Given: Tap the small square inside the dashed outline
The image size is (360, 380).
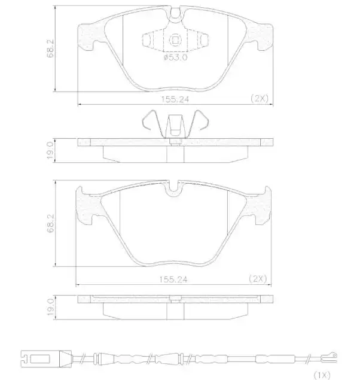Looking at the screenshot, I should point(175,41).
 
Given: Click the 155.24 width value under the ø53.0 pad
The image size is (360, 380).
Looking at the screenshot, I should point(175,99).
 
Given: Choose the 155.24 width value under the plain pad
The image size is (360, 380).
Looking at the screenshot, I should point(175,278).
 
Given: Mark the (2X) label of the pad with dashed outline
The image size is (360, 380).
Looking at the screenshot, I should point(259,98).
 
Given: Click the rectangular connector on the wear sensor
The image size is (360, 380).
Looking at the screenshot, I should point(40,360).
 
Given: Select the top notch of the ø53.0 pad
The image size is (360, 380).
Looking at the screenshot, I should point(175,13).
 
